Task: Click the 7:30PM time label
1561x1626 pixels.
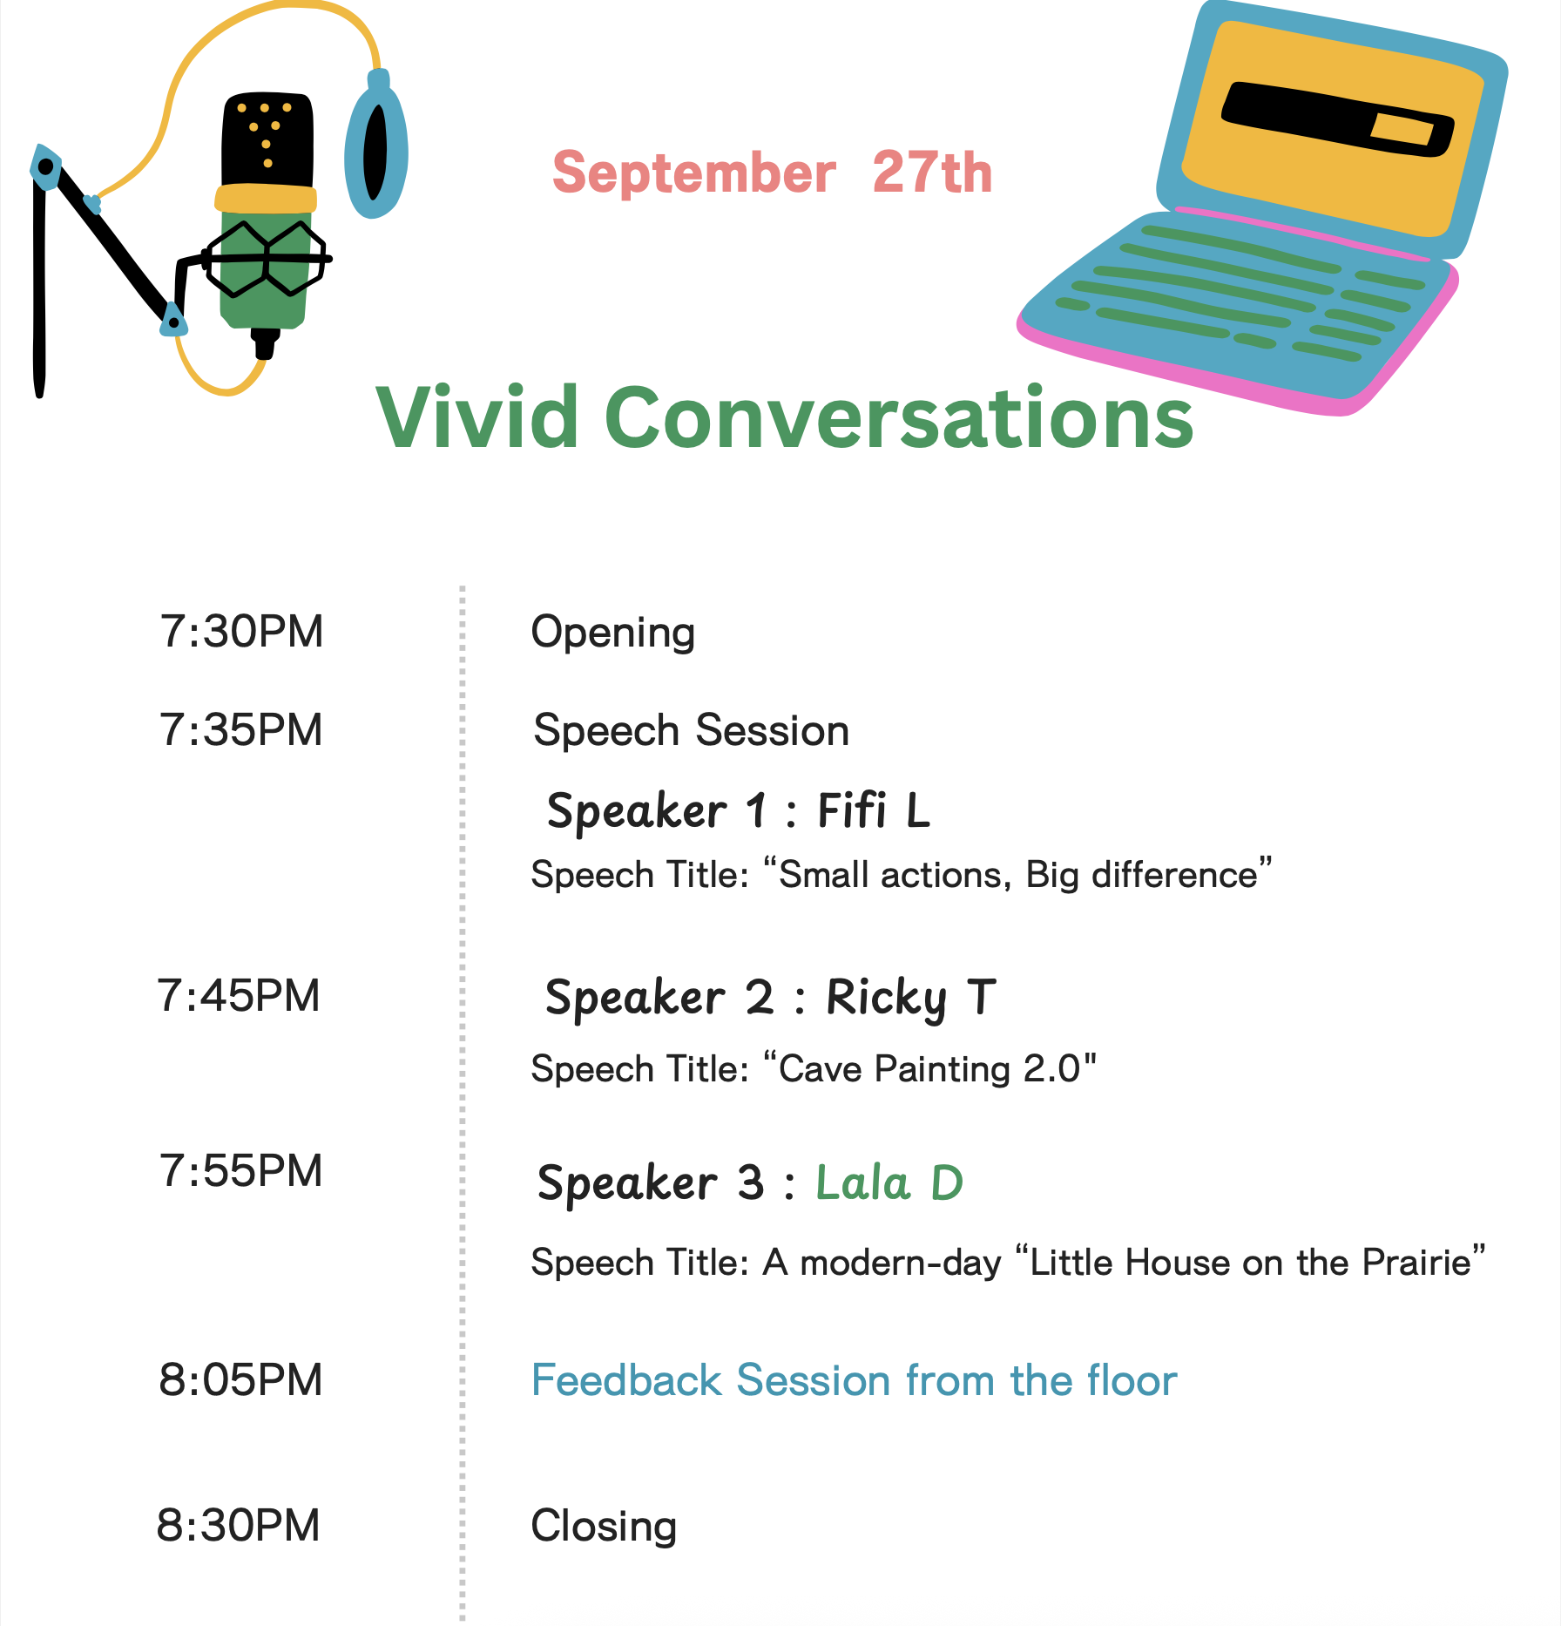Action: pyautogui.click(x=241, y=632)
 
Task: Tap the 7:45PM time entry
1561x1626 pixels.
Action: pyautogui.click(x=239, y=996)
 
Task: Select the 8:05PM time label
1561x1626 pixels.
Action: pyautogui.click(x=240, y=1380)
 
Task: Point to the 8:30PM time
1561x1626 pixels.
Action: pyautogui.click(x=239, y=1526)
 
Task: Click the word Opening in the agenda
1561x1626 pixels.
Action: pyautogui.click(x=613, y=633)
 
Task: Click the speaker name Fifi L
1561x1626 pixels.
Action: pyautogui.click(x=874, y=810)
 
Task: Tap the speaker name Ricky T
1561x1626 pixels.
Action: pyautogui.click(x=911, y=999)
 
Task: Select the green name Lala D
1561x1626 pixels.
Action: pyautogui.click(x=889, y=1182)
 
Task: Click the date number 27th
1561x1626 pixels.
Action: pyautogui.click(x=932, y=172)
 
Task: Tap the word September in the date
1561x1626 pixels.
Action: pyautogui.click(x=694, y=173)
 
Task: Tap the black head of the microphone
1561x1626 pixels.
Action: pyautogui.click(x=267, y=139)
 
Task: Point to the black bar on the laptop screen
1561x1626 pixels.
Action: pyautogui.click(x=1338, y=119)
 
